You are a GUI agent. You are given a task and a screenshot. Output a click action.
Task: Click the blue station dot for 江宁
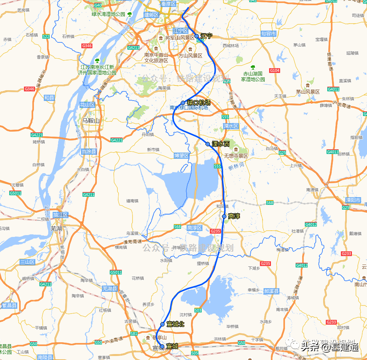[197, 36]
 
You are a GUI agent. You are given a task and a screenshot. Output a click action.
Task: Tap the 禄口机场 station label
[199, 102]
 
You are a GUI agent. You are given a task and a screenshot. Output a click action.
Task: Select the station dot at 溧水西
[208, 144]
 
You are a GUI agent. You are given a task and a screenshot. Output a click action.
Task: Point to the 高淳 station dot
[224, 216]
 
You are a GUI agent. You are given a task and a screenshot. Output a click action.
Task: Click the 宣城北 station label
[175, 324]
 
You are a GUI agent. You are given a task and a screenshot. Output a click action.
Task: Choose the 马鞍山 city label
[91, 120]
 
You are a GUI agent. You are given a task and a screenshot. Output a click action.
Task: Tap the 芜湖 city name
[56, 228]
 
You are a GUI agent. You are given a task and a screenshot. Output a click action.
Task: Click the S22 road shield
[46, 36]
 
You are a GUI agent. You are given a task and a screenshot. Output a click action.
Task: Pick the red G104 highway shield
[275, 70]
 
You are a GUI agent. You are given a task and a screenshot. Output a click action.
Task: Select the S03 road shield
[198, 311]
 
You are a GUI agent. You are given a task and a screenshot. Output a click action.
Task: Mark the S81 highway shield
[134, 333]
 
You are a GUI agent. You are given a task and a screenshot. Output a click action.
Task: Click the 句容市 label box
[269, 34]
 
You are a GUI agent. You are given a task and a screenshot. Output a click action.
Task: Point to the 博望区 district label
[181, 156]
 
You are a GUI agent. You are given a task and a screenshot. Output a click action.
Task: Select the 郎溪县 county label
[272, 291]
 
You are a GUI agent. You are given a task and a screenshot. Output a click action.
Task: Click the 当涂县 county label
[88, 151]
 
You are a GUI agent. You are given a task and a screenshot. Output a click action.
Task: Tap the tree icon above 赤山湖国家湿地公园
[253, 67]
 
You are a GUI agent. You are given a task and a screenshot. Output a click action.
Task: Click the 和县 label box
[49, 98]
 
